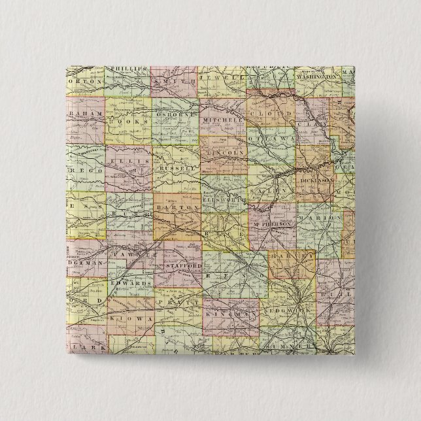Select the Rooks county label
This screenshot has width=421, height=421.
127,121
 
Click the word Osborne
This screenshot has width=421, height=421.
175,110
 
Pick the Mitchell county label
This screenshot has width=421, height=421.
223,121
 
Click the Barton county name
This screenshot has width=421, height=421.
177,207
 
